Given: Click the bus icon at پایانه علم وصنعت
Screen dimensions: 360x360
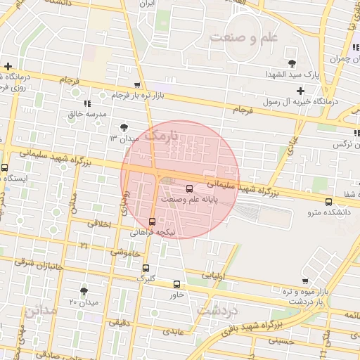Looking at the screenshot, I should [189, 188].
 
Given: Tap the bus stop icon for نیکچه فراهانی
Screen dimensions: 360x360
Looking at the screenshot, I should [153, 221].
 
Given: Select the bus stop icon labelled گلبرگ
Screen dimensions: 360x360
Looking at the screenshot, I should [146, 268].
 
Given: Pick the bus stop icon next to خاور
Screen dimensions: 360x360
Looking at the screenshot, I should [176, 285].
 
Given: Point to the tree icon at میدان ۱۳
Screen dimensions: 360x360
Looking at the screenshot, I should [124, 127].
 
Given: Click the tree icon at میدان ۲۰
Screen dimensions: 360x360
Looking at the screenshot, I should [84, 290].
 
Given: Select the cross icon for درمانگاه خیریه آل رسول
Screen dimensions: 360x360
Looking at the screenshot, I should [300, 91].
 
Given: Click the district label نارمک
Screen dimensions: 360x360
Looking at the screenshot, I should [166, 134].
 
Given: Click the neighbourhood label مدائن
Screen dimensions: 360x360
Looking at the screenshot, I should [42, 309].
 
